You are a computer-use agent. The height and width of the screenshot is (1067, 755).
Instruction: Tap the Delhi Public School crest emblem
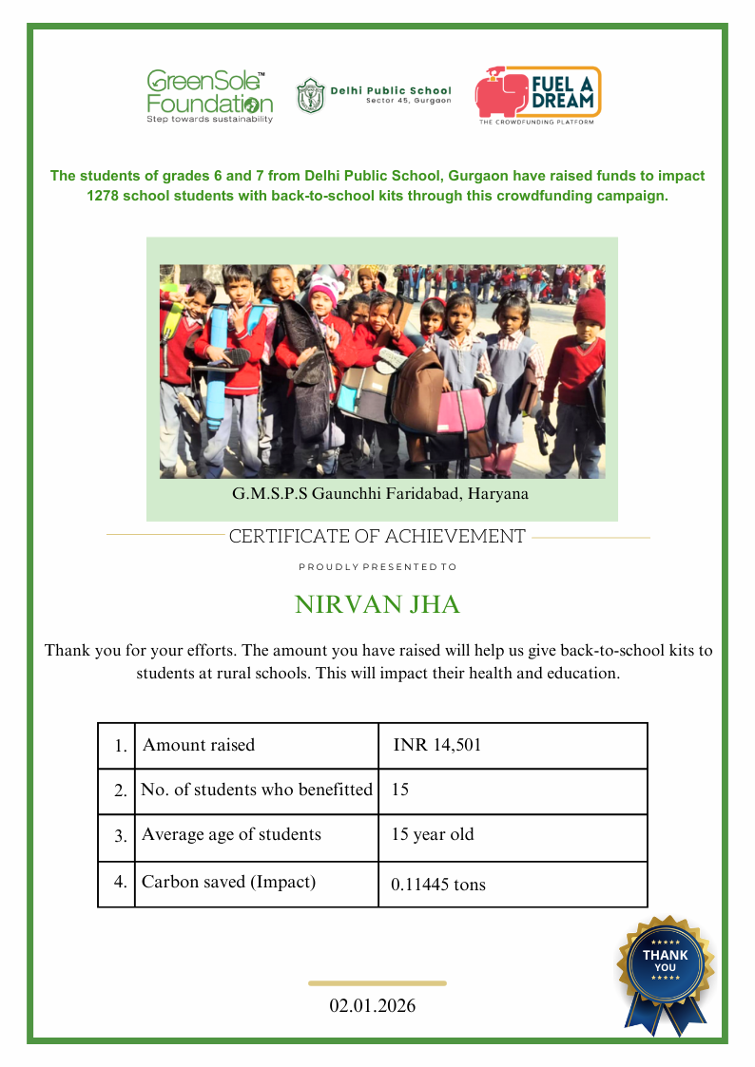point(310,95)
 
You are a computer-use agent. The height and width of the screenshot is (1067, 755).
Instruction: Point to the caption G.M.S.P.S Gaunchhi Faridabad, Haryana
point(380,494)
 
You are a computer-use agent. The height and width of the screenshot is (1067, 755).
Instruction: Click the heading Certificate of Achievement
point(377,537)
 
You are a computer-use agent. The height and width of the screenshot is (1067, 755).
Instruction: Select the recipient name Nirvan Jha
point(377,605)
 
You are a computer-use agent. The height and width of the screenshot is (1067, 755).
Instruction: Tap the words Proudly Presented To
point(377,567)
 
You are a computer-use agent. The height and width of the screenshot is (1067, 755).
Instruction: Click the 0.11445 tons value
point(438,885)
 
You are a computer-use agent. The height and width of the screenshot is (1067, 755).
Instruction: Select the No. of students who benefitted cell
point(257,790)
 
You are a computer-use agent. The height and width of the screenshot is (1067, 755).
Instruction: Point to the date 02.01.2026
point(373,1005)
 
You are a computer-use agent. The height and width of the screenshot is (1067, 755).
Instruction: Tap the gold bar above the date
point(377,983)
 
